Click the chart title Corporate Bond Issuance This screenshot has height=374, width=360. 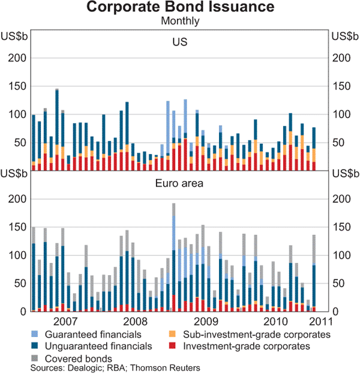point(180,8)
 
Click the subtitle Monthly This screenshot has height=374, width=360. point(180,20)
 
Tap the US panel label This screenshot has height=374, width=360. point(180,42)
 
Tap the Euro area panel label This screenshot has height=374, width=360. point(180,183)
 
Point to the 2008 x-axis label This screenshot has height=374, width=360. point(135,322)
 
